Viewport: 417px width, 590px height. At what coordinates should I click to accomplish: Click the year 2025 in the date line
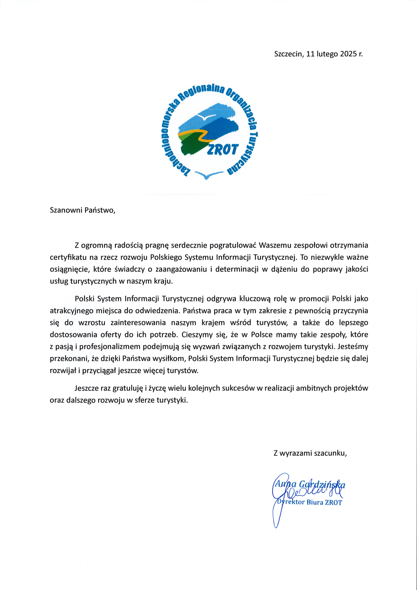[348, 54]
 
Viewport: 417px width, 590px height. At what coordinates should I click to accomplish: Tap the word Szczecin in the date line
[288, 54]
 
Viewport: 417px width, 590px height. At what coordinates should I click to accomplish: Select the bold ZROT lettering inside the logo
[223, 150]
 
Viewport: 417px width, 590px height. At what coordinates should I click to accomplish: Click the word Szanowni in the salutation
[66, 210]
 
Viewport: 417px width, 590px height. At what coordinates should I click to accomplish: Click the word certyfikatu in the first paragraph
[68, 257]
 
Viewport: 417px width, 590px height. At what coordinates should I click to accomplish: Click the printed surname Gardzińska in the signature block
[322, 484]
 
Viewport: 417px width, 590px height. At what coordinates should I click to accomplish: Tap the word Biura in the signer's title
[315, 502]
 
